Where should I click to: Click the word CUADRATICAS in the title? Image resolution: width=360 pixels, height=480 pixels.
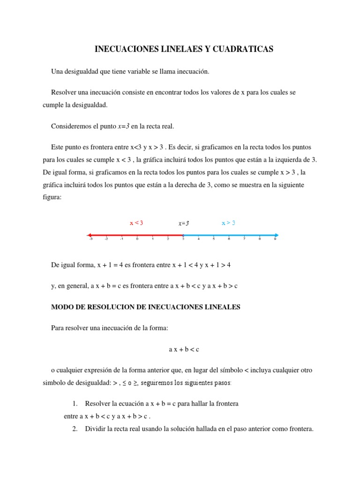(243, 49)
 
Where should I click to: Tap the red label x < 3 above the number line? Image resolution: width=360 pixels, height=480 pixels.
(136, 223)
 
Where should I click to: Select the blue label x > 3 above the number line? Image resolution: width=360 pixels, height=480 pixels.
(228, 223)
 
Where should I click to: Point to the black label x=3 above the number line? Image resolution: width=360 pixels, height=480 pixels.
(183, 224)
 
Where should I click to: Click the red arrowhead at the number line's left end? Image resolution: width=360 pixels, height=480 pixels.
(89, 235)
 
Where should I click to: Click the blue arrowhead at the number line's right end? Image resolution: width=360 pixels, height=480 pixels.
(277, 235)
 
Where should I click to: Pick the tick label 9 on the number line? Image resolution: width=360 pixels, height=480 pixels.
(275, 239)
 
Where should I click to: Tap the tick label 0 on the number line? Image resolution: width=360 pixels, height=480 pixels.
(137, 239)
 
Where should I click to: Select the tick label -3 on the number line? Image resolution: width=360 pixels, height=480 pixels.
(90, 239)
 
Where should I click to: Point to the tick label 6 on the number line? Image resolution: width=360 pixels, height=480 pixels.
(229, 239)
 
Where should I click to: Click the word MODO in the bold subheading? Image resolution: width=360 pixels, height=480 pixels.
(62, 307)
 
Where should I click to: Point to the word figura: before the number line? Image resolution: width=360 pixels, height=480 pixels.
(52, 197)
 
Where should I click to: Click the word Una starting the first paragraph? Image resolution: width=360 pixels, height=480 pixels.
(57, 71)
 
